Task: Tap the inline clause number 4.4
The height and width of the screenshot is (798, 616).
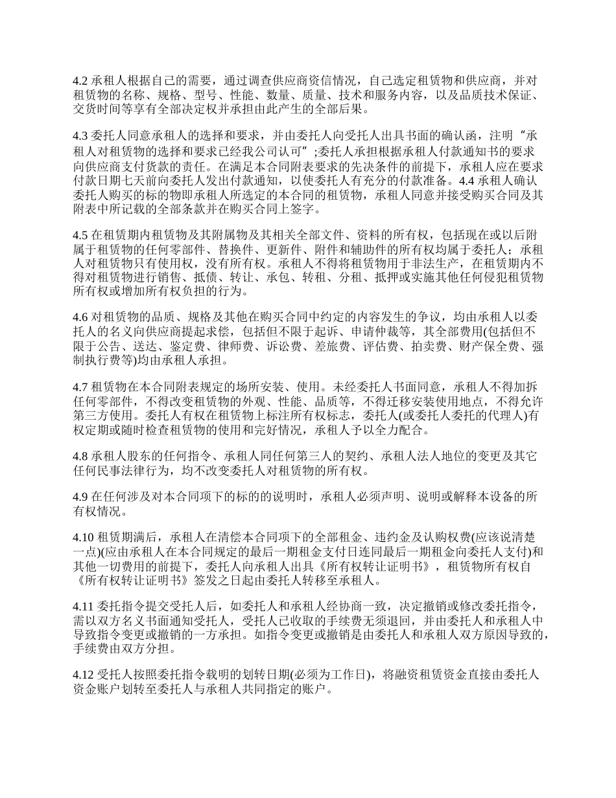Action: (x=466, y=181)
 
